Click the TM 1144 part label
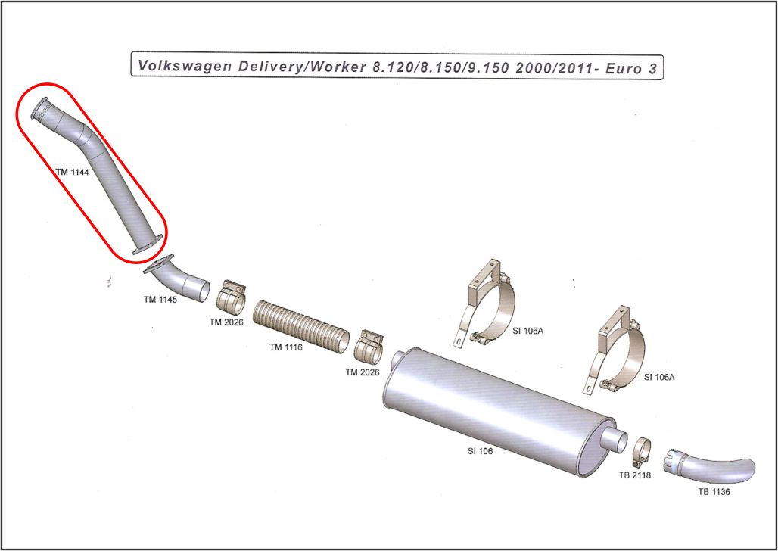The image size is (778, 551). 73,172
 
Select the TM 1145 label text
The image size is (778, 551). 160,299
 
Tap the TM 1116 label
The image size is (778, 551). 286,347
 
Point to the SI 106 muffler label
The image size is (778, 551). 481,451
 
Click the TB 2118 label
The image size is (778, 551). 635,475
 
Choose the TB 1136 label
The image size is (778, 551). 714,492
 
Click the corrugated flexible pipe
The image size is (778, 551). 300,326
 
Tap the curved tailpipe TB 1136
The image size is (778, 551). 711,467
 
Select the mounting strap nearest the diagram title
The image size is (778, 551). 485,303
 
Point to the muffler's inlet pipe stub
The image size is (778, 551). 400,360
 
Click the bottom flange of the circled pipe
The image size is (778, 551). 148,244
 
